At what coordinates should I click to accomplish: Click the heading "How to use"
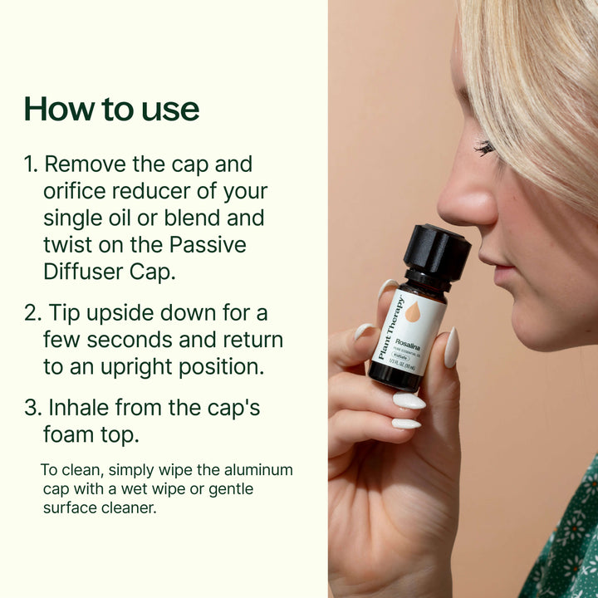point(111,109)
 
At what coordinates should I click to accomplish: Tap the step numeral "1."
point(32,164)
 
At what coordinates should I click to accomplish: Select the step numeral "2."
point(32,314)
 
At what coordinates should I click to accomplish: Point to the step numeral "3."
point(32,408)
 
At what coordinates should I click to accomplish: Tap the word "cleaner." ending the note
point(128,507)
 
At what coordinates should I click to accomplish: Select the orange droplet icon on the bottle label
point(413,312)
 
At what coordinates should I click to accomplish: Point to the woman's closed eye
point(485,149)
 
